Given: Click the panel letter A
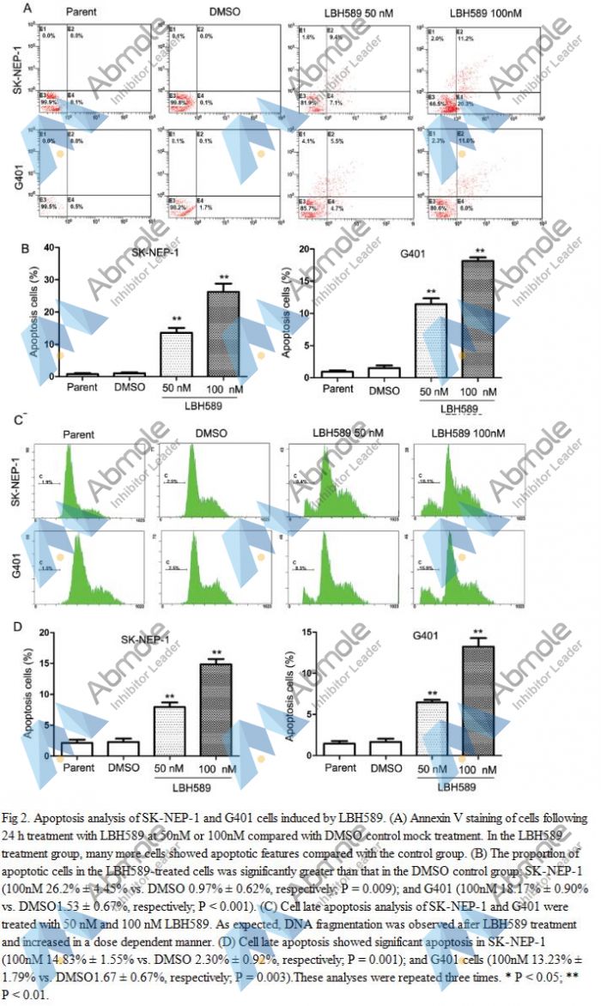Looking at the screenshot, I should (28, 9).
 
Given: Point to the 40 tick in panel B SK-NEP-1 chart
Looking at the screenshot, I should (52, 249).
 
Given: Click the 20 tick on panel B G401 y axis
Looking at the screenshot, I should (305, 249).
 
